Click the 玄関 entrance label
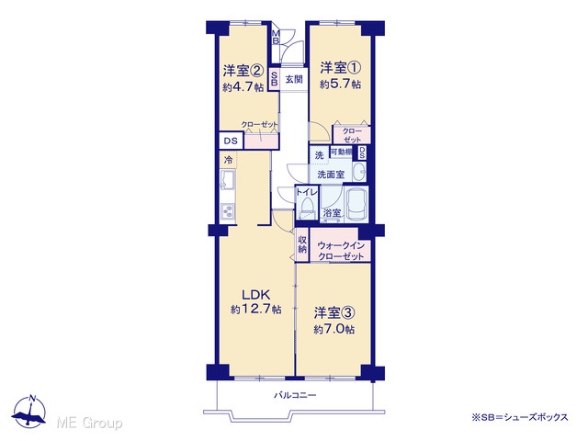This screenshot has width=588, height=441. (x=294, y=80)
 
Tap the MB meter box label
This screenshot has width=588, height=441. (x=276, y=37)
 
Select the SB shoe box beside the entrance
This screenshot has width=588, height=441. (x=274, y=78)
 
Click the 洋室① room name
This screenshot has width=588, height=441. (x=341, y=68)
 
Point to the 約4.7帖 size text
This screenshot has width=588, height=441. (x=243, y=87)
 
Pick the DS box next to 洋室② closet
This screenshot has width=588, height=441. (x=231, y=141)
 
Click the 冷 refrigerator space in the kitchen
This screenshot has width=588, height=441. (x=228, y=160)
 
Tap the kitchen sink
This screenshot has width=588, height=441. (x=228, y=180)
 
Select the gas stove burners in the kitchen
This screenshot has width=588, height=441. (x=228, y=212)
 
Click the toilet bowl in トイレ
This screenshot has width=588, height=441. (x=307, y=207)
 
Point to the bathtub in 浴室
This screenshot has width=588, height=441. (x=356, y=205)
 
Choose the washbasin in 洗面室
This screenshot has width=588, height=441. (x=360, y=173)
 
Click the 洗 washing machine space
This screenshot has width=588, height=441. (x=319, y=155)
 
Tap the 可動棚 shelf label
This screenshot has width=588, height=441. (x=341, y=152)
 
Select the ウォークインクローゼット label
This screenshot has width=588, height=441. (x=341, y=251)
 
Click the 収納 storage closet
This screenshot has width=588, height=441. (x=302, y=245)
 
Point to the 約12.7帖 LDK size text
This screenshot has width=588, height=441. (x=256, y=310)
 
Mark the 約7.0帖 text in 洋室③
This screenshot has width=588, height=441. (x=334, y=329)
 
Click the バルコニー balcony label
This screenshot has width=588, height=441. (x=295, y=395)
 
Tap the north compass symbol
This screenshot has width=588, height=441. (x=29, y=412)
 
